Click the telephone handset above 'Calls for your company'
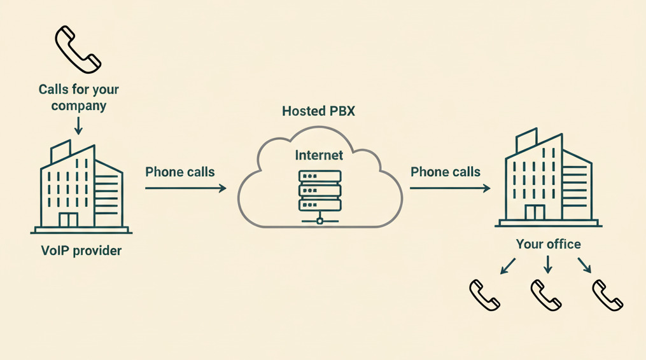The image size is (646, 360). point(78,49)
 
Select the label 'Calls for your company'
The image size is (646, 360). point(78,97)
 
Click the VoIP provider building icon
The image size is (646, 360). point(81,188)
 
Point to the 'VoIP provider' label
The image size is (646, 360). point(80,251)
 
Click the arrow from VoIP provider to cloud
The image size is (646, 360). point(185,188)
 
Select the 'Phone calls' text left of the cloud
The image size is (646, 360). point(180,172)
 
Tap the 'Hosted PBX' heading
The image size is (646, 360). point(318,111)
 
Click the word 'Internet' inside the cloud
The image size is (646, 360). point(319,155)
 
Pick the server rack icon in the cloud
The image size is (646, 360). point(319,195)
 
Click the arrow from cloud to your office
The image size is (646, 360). point(449,188)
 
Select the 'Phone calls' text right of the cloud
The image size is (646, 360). point(446,172)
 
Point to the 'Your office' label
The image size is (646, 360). point(548,244)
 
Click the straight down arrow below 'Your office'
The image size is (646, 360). point(548,265)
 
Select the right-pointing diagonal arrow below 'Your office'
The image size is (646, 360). point(586,265)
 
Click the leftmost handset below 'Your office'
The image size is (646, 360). point(485,295)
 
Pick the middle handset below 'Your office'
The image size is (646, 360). point(546,295)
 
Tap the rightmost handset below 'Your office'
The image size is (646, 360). point(607,295)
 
